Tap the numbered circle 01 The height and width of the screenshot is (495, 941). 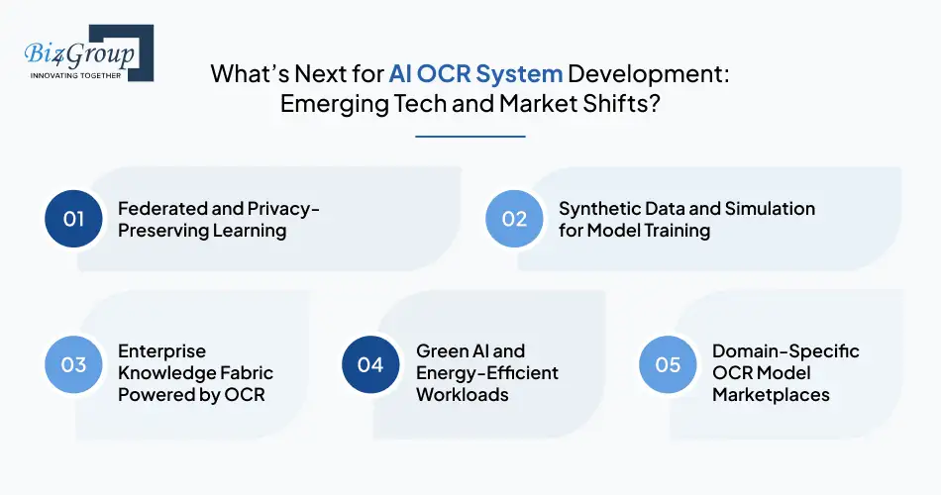tap(74, 219)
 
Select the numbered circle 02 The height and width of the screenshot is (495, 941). tap(514, 219)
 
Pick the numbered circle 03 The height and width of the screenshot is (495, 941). tap(74, 364)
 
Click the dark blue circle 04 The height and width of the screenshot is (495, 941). tap(370, 364)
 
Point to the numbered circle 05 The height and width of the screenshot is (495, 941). tap(668, 364)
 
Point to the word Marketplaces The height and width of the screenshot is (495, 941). tap(771, 394)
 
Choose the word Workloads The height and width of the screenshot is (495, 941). tap(462, 394)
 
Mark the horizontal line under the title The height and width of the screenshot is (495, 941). tap(470, 137)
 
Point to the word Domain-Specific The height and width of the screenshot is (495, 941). tap(785, 351)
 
